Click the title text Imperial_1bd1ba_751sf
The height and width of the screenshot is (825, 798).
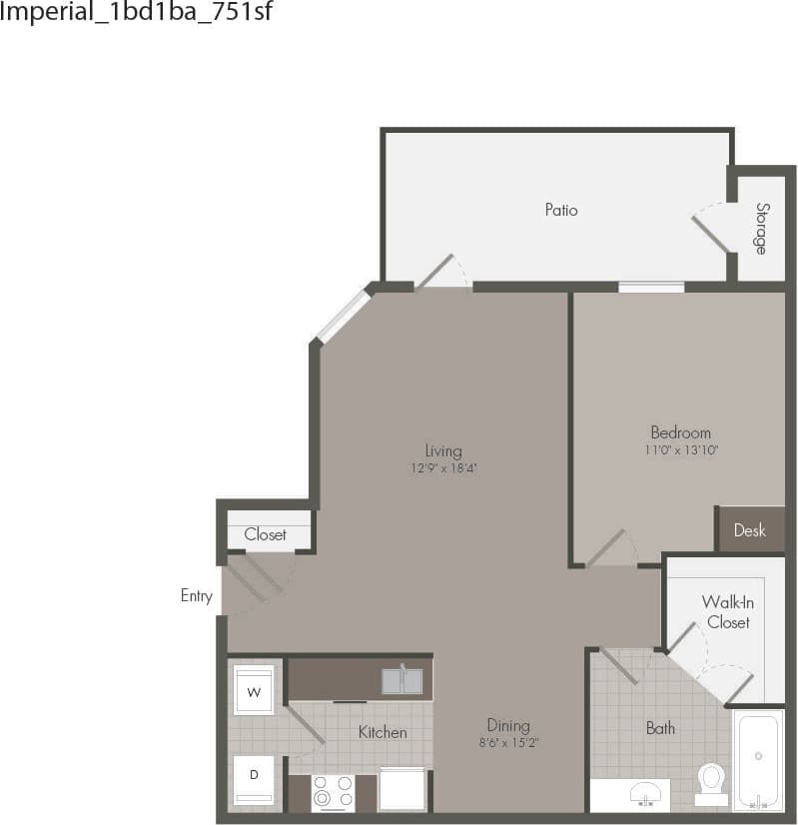click(x=137, y=13)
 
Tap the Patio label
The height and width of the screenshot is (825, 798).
click(x=560, y=210)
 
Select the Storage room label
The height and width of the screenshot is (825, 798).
click(x=762, y=228)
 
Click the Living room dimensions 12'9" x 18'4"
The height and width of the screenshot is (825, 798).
click(x=442, y=467)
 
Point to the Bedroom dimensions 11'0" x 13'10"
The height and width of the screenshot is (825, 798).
click(x=680, y=449)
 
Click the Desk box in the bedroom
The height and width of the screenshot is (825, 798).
click(x=750, y=529)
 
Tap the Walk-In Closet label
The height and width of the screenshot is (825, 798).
click(x=727, y=611)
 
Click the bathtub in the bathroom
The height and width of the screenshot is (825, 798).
click(x=759, y=759)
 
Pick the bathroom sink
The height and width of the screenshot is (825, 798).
click(x=645, y=794)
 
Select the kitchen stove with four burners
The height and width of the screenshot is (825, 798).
click(x=333, y=792)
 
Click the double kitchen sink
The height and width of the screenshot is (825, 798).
click(x=401, y=680)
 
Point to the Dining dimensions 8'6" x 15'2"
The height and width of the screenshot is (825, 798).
click(x=508, y=742)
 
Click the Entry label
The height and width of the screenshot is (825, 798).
click(x=196, y=596)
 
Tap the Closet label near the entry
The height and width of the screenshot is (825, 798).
click(x=266, y=534)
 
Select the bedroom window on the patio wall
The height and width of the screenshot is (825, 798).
click(x=650, y=288)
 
